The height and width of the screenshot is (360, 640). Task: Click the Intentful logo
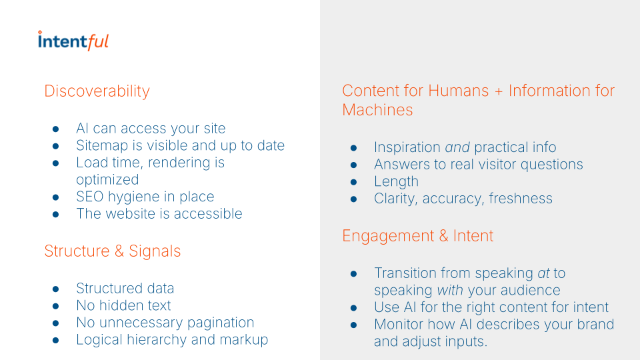[x=73, y=41]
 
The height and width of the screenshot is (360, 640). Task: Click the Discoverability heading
[x=97, y=91]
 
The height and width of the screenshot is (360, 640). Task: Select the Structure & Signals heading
[x=112, y=251]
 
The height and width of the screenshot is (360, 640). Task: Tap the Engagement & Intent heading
[x=417, y=236]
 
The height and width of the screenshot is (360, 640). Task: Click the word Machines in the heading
[x=377, y=110]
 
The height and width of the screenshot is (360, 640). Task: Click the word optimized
[x=107, y=180]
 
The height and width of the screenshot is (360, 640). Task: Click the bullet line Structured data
[x=125, y=289]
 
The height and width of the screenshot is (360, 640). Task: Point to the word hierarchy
[x=153, y=340]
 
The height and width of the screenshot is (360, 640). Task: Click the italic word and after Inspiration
[x=457, y=147]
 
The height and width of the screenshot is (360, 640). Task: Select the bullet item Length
[x=396, y=181]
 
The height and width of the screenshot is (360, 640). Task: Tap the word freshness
[x=520, y=199]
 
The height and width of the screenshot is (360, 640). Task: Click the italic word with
[x=450, y=291]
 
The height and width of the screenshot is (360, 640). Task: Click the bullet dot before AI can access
[x=57, y=129]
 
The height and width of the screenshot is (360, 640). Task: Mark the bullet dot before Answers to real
[x=355, y=165]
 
